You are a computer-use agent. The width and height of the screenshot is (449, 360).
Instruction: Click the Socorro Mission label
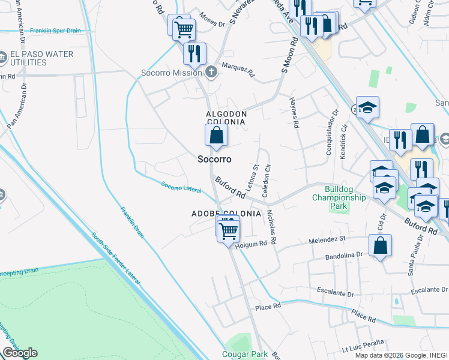[x=179, y=73]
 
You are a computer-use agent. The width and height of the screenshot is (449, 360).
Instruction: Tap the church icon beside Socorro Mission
[x=210, y=73]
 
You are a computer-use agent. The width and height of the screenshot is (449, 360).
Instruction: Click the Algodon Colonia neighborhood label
[x=226, y=118]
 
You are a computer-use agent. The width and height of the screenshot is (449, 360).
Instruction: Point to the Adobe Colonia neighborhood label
[x=226, y=214]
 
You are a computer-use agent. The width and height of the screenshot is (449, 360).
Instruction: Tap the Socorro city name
[x=214, y=159]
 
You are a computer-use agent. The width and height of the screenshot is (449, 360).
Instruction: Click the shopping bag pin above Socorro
[x=216, y=135]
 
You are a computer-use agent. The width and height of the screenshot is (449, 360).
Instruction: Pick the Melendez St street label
[x=328, y=239]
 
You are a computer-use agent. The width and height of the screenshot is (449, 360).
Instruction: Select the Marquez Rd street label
[x=238, y=70]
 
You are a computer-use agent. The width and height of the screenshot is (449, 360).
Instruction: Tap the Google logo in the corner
[x=20, y=353]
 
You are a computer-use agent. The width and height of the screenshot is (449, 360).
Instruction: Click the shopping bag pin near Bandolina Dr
[x=380, y=245]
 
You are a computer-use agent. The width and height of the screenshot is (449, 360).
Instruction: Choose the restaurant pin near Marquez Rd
[x=194, y=53]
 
